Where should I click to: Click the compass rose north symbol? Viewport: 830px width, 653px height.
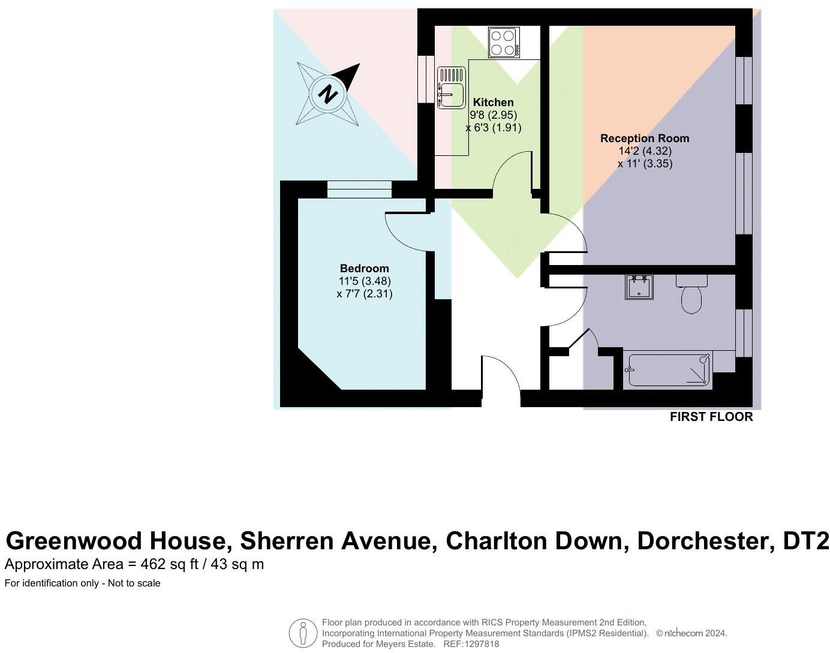[x=327, y=94]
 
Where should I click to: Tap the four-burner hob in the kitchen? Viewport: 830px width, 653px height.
[x=504, y=43]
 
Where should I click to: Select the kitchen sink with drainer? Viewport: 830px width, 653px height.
[x=451, y=88]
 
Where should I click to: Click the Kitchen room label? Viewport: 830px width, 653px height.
[x=493, y=103]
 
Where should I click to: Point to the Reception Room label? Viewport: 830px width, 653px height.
[x=645, y=139]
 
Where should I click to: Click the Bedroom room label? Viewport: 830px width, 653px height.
[x=364, y=269]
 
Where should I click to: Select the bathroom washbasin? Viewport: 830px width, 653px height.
[x=639, y=287]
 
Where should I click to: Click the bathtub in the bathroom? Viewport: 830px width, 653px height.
[x=667, y=369]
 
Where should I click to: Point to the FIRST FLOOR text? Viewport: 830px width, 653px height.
[x=711, y=417]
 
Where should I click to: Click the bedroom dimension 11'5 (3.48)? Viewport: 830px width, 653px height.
[x=365, y=281]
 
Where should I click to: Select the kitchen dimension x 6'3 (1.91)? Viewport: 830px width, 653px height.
[x=493, y=128]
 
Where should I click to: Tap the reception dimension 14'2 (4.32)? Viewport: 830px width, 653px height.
[x=645, y=151]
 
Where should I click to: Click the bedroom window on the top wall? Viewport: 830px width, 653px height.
[x=359, y=189]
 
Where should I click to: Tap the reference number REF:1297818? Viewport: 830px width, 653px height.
[x=471, y=644]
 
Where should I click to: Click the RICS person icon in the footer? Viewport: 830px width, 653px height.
[x=303, y=633]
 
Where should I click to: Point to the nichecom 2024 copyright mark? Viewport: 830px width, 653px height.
[x=691, y=633]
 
